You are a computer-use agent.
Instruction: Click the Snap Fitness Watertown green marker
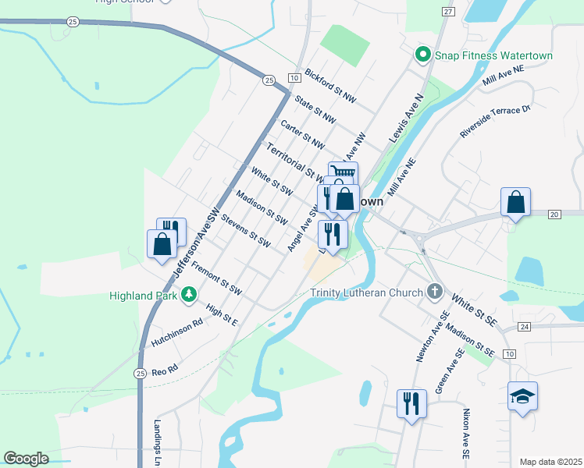422,55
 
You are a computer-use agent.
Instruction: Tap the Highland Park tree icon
188,294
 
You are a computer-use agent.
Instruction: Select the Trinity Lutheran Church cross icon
435,292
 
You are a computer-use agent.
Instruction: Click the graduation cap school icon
522,397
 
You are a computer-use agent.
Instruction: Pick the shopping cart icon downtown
343,173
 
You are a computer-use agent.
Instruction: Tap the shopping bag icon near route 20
515,203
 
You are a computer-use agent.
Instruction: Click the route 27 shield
447,11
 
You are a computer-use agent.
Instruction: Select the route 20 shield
554,214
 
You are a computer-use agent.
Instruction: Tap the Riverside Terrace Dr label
495,121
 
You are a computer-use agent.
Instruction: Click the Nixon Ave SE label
466,432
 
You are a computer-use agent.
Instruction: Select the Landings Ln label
157,445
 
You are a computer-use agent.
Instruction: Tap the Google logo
25,459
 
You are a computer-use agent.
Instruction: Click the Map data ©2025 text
550,461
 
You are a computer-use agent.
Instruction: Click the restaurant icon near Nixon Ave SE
411,403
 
